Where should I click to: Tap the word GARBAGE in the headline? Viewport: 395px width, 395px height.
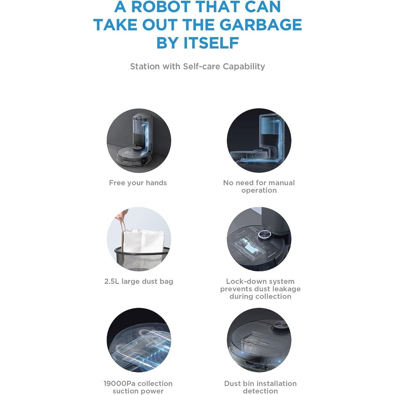click(260, 24)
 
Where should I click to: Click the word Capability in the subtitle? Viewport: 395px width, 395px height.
click(244, 66)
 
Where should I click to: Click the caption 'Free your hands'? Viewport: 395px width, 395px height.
click(138, 182)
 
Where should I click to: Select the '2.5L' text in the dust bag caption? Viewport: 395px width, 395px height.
click(112, 281)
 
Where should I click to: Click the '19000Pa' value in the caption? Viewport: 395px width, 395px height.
click(120, 384)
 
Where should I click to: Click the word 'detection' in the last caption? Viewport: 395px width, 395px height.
click(260, 391)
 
